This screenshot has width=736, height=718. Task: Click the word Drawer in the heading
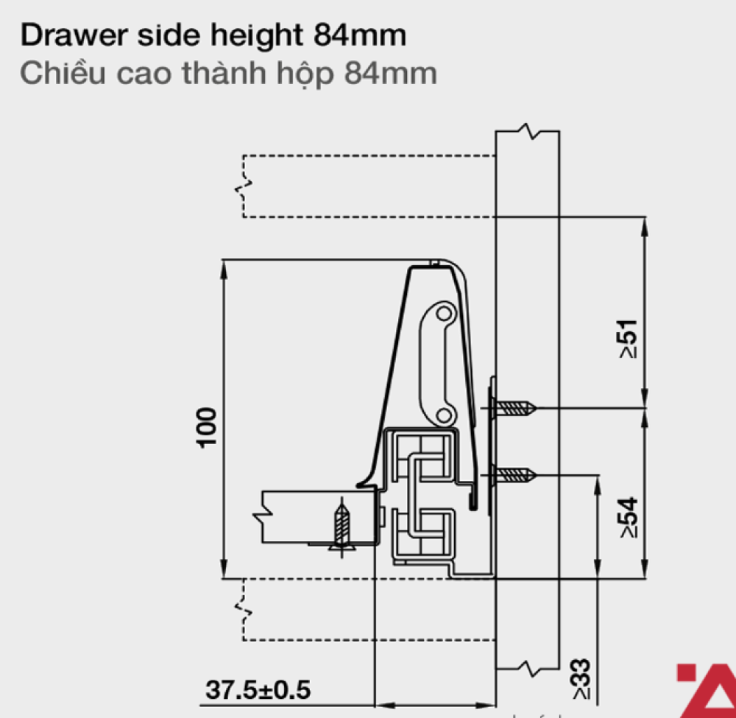pos(74,35)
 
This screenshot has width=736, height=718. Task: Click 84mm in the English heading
pos(360,35)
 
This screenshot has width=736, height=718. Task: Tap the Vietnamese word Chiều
pos(63,72)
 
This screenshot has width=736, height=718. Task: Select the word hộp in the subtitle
pos(305,74)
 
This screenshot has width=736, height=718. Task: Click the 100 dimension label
pos(207,428)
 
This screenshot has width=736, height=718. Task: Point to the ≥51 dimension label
pos(629,339)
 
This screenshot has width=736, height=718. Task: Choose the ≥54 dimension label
pos(629,517)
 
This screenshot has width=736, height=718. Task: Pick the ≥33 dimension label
pos(581,679)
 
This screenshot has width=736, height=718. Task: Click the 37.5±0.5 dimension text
pos(258,690)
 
